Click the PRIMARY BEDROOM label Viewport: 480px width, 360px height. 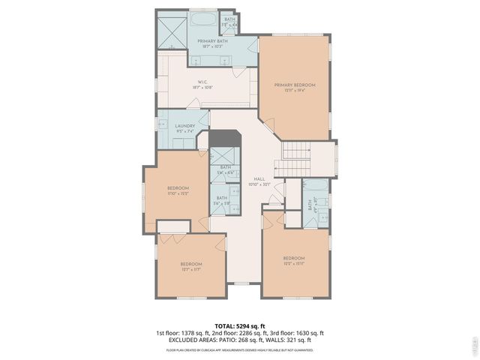point(294,85)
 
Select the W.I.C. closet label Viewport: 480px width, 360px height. point(202,82)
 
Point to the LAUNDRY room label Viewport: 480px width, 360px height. point(185,125)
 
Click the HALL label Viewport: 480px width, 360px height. point(259,178)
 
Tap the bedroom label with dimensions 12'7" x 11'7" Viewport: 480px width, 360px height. point(191,264)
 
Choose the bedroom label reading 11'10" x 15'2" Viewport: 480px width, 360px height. point(178,187)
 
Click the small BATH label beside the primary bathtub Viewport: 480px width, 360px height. point(229,19)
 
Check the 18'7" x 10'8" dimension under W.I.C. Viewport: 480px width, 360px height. point(202,88)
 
